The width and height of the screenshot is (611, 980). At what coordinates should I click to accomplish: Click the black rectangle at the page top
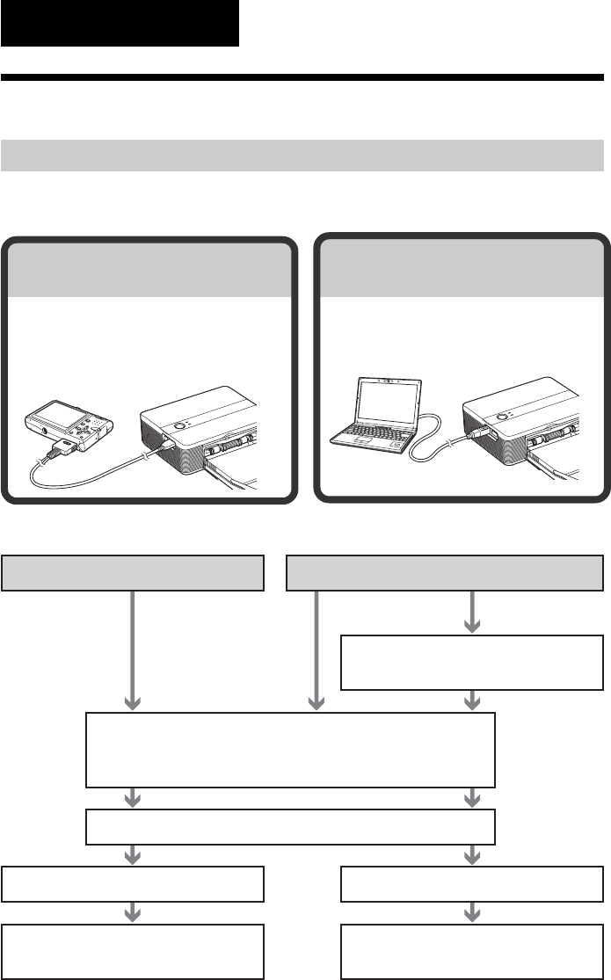[x=120, y=23]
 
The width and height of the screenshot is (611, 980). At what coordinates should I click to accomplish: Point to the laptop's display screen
[x=389, y=403]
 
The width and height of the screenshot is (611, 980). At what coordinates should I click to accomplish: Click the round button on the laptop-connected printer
[x=503, y=419]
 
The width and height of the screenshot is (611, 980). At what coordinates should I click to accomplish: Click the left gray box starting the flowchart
[x=134, y=573]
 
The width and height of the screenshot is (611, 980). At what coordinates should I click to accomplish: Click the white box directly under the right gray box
[x=473, y=662]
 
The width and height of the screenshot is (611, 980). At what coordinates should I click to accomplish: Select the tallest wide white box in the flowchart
[x=290, y=750]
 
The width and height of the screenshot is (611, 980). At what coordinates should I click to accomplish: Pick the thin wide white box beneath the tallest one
[x=290, y=826]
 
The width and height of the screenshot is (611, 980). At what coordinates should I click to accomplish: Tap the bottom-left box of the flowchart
[x=134, y=951]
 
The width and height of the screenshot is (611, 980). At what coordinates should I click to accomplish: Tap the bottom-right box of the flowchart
[x=473, y=951]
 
